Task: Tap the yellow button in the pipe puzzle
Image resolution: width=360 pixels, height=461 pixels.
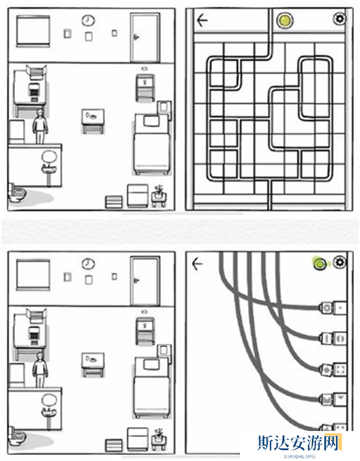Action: [284, 20]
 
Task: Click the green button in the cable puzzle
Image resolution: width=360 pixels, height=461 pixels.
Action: [320, 263]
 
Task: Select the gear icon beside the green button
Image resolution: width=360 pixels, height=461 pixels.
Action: [340, 262]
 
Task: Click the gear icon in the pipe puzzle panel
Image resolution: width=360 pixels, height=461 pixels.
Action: [340, 19]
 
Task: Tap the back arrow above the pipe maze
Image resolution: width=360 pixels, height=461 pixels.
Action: [202, 20]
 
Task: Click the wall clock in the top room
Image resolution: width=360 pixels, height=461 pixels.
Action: [88, 20]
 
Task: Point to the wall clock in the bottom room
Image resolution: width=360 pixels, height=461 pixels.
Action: [88, 264]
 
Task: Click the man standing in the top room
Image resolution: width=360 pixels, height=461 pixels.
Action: [40, 126]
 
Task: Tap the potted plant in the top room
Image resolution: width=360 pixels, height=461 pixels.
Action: [159, 195]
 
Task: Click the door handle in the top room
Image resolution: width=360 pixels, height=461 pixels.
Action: [136, 37]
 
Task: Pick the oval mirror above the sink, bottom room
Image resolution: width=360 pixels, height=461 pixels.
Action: [49, 400]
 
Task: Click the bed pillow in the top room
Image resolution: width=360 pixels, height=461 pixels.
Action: [151, 120]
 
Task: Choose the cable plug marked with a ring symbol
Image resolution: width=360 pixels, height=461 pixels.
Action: [326, 308]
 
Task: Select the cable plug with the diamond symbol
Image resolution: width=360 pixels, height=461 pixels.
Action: [326, 369]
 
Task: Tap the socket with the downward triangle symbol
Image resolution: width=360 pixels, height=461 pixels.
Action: [340, 399]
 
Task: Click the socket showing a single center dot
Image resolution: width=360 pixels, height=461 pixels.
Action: [340, 308]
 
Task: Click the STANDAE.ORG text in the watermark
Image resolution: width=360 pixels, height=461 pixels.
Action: [299, 456]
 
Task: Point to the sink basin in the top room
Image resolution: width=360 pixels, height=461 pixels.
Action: [49, 169]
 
